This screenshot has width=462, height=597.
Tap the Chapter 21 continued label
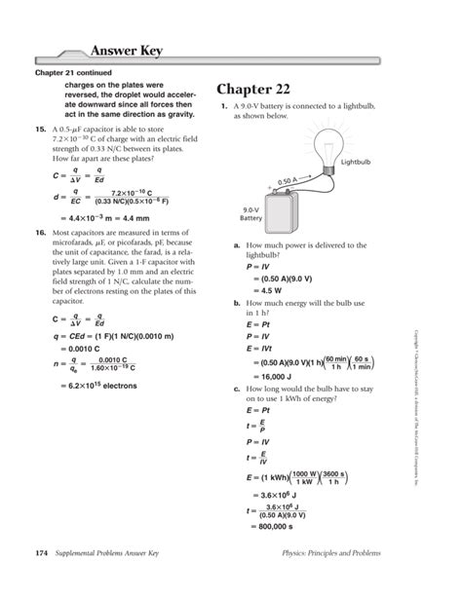[74, 73]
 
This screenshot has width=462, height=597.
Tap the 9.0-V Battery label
[251, 214]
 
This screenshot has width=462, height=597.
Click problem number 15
[40, 129]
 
